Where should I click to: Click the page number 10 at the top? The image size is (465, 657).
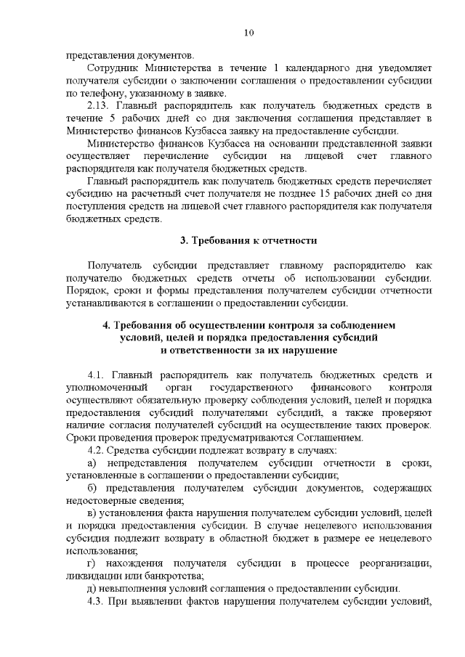(x=248, y=33)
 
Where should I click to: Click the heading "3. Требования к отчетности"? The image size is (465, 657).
(x=248, y=240)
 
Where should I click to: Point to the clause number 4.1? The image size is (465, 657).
(x=97, y=375)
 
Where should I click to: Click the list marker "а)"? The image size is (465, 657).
(x=92, y=463)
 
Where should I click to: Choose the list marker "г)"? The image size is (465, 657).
(x=92, y=564)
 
